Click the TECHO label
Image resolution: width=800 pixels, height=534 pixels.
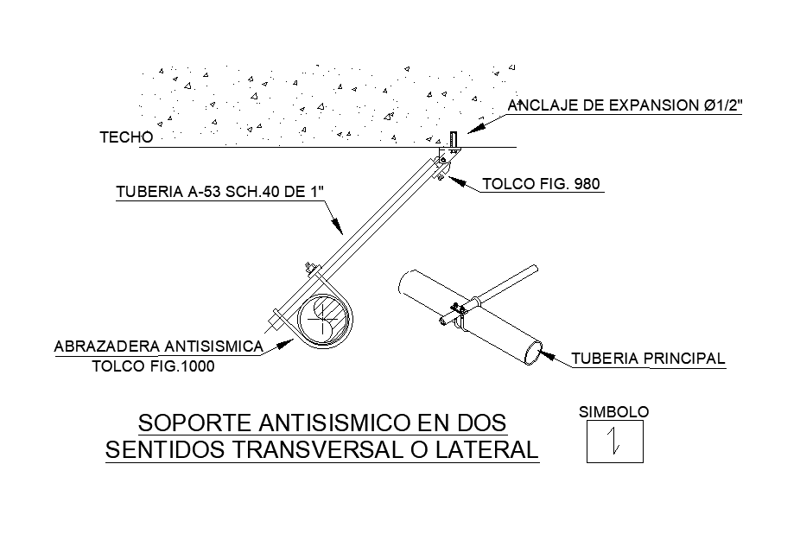pos(126,137)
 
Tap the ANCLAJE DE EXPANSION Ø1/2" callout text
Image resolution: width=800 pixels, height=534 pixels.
pos(626,106)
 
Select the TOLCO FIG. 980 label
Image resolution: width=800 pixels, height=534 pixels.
pos(541,184)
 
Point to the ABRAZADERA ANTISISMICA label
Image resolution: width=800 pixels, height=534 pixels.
pos(158,346)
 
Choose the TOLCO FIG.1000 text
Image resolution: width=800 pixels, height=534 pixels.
pos(153,366)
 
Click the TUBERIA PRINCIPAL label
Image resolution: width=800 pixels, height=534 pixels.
pos(649,359)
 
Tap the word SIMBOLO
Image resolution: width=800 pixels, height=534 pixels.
pos(613,413)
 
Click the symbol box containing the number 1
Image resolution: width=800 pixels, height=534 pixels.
pos(614,442)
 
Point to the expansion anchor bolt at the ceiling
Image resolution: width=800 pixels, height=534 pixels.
pos(453,140)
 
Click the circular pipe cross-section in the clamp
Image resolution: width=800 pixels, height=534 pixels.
pos(325,320)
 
